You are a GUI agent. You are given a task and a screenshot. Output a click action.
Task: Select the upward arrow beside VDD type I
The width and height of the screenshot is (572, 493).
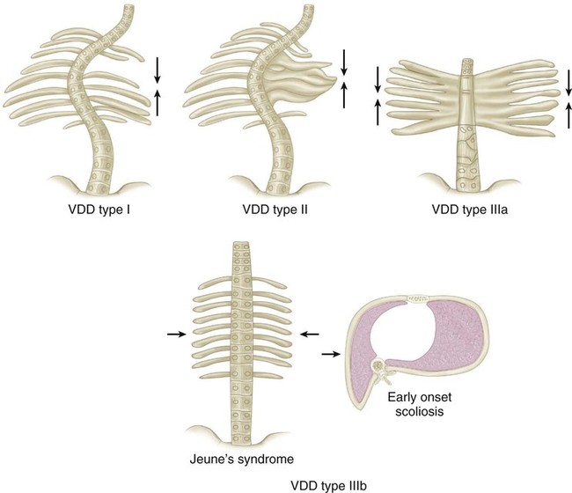(x=158, y=101)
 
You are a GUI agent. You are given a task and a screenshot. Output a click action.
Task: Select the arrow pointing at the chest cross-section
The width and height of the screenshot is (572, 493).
(x=331, y=355)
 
